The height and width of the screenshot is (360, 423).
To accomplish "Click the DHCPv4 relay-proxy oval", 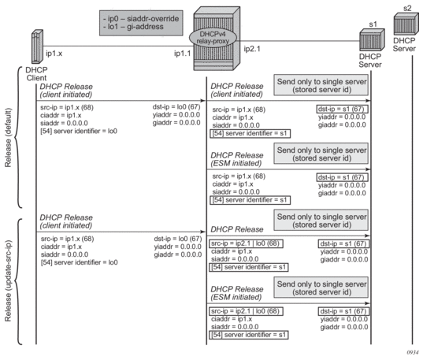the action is coord(213,38).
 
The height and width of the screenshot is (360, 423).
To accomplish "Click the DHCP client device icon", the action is coord(37,46).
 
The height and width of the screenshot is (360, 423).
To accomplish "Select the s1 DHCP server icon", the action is coord(372,40).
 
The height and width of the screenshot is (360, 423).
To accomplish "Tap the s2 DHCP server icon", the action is coord(406,24).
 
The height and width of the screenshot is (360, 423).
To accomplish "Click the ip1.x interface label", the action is coord(54,54).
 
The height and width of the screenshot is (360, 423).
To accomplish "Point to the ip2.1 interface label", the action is coord(252,49).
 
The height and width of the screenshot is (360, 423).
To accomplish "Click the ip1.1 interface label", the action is coord(183,54).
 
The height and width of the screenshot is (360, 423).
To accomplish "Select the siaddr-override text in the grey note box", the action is coord(153,19).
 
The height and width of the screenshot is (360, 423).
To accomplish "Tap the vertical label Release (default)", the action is coord(8,138).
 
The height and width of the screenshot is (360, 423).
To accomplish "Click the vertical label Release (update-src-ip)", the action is coord(8,280).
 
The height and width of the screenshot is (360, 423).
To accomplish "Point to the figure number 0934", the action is coord(413,352).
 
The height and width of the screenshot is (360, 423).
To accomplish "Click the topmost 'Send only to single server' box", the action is coord(321,85).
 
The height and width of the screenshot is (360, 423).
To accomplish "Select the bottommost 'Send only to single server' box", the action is coord(321,288).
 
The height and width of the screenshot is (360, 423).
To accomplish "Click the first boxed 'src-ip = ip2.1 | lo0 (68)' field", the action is coord(246,243).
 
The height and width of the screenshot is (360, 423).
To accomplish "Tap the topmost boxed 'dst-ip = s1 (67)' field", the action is coord(343,109).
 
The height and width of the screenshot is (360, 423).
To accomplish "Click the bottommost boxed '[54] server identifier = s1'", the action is coord(249,335).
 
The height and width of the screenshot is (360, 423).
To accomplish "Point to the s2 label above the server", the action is coord(407,8).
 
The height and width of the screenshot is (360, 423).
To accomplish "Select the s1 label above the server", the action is coord(373,24).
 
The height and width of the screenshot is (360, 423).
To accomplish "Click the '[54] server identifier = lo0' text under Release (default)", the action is coord(79,131).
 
